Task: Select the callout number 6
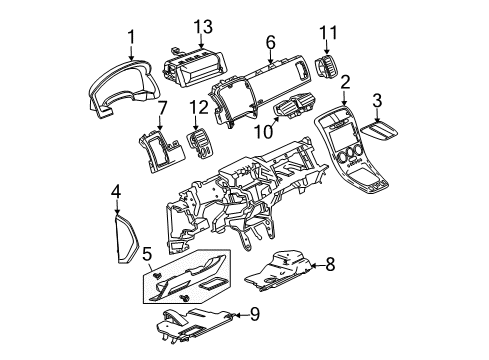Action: pyautogui.click(x=270, y=41)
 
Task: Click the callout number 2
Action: pyautogui.click(x=345, y=82)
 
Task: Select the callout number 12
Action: pyautogui.click(x=198, y=105)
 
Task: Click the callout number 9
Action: pyautogui.click(x=256, y=316)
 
